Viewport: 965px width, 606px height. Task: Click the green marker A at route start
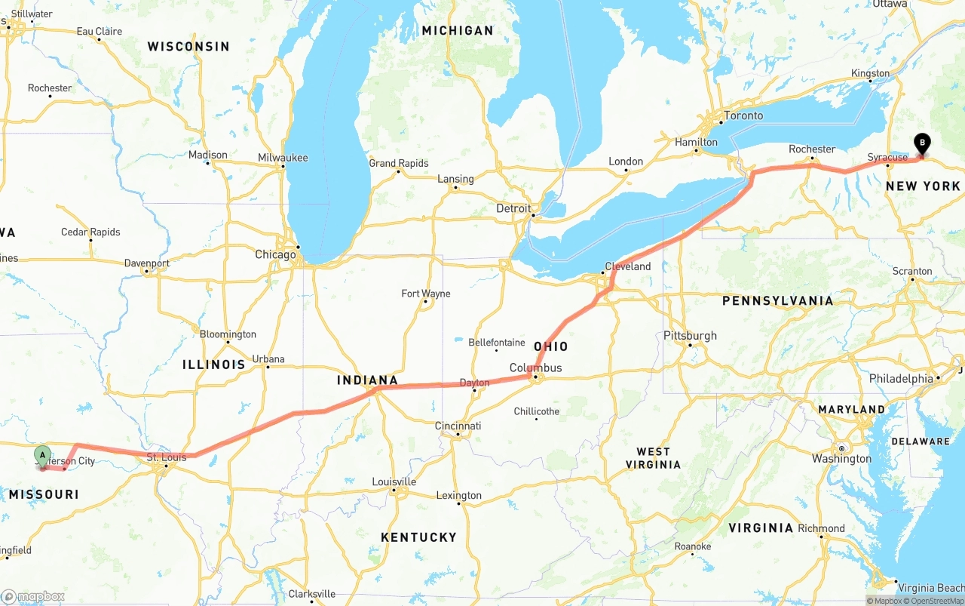click(43, 455)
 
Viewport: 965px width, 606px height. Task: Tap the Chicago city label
click(275, 255)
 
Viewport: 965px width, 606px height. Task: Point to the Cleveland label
click(627, 266)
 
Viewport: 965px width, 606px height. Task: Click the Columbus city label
click(535, 368)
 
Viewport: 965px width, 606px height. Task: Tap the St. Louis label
click(166, 457)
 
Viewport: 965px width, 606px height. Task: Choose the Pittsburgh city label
click(690, 336)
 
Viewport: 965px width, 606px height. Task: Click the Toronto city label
click(743, 115)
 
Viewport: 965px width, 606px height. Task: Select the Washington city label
click(841, 459)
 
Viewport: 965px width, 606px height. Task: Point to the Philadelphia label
click(901, 378)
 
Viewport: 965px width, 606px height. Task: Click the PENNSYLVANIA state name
click(777, 301)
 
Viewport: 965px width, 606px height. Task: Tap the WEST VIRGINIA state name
click(653, 459)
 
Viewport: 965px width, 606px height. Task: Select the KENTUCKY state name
click(418, 537)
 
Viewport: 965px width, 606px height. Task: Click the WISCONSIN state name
click(188, 47)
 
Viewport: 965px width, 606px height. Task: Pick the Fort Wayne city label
click(425, 294)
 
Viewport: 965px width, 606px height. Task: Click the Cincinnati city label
click(458, 426)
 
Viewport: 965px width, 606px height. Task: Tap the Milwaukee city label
click(283, 158)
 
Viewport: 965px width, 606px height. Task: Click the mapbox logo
click(33, 596)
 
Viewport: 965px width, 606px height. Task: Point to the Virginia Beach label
click(929, 588)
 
